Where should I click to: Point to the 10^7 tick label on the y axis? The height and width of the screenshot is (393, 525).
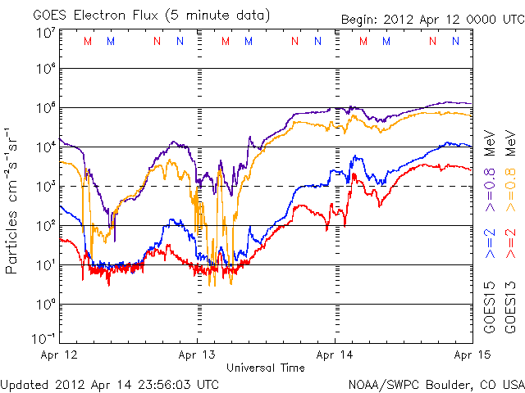pyautogui.click(x=44, y=33)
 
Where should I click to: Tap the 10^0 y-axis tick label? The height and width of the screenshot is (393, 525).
pyautogui.click(x=44, y=303)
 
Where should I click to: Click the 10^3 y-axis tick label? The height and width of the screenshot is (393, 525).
pyautogui.click(x=44, y=186)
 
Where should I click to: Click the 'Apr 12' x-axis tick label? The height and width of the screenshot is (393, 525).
pyautogui.click(x=59, y=355)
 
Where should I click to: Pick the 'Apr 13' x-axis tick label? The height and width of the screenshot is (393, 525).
pyautogui.click(x=197, y=355)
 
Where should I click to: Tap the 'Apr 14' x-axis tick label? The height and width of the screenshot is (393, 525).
pyautogui.click(x=335, y=355)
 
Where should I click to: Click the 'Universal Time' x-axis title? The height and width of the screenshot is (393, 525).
pyautogui.click(x=265, y=368)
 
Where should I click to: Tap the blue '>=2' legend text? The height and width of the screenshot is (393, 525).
pyautogui.click(x=490, y=245)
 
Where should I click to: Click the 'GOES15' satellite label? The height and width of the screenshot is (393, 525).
pyautogui.click(x=490, y=311)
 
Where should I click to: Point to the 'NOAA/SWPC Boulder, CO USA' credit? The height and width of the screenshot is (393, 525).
pyautogui.click(x=435, y=383)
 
